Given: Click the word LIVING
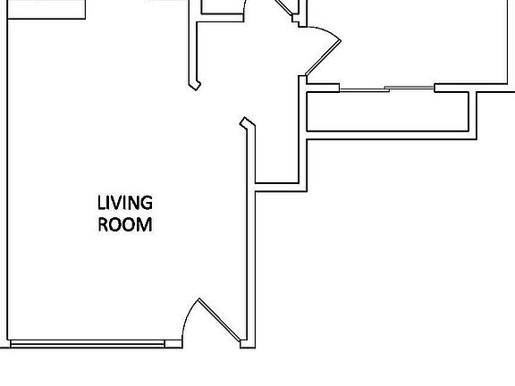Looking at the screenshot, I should (x=125, y=204).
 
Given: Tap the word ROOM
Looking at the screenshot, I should (x=125, y=224).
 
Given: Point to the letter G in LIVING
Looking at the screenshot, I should (x=146, y=204).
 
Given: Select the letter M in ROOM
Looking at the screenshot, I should (x=144, y=224).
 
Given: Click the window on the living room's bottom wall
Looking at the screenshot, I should (x=87, y=343).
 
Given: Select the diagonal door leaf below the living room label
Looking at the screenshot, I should (x=220, y=321).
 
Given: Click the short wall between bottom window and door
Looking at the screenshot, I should (x=173, y=344).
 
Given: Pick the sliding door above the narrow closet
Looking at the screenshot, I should (x=387, y=88).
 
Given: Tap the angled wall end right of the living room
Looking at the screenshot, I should (x=246, y=124).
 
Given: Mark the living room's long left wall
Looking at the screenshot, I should (x=7, y=179).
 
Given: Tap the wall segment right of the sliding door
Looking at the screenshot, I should (x=474, y=88).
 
